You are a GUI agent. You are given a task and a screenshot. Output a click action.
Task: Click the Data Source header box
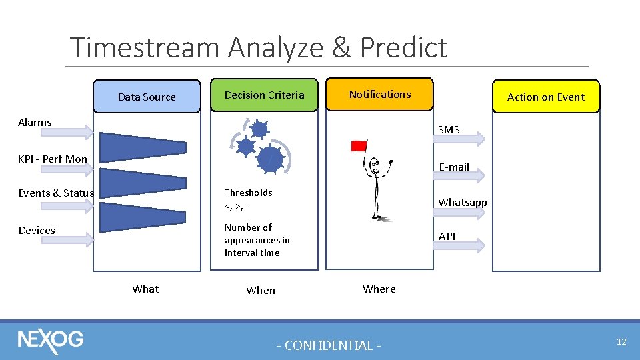147,97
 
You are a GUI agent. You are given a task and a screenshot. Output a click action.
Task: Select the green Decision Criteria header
264,95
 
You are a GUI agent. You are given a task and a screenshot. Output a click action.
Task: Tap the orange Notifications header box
379,94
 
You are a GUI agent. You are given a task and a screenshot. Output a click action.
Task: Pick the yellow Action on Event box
545,97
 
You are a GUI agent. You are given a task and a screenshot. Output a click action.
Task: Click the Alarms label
35,122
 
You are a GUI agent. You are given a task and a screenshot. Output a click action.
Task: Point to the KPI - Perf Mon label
53,159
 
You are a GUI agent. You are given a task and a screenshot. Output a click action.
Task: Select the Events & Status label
56,193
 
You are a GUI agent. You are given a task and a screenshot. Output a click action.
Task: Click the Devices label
37,230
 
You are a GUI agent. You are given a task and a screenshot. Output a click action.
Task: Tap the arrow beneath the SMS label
459,139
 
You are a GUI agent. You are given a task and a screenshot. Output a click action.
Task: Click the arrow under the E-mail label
459,175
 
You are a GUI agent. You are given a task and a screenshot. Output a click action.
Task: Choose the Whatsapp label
462,202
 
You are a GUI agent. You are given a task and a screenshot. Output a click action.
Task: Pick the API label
447,237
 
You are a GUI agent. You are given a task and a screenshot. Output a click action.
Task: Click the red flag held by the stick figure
359,145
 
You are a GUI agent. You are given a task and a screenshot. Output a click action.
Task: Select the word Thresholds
248,193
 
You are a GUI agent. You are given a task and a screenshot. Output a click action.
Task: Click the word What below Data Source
145,289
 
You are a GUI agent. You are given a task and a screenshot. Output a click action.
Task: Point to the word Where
379,289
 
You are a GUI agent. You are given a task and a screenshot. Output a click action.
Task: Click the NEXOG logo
51,340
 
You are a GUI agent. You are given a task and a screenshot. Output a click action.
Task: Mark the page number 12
621,341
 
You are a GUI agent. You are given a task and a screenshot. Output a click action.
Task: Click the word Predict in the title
403,47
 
